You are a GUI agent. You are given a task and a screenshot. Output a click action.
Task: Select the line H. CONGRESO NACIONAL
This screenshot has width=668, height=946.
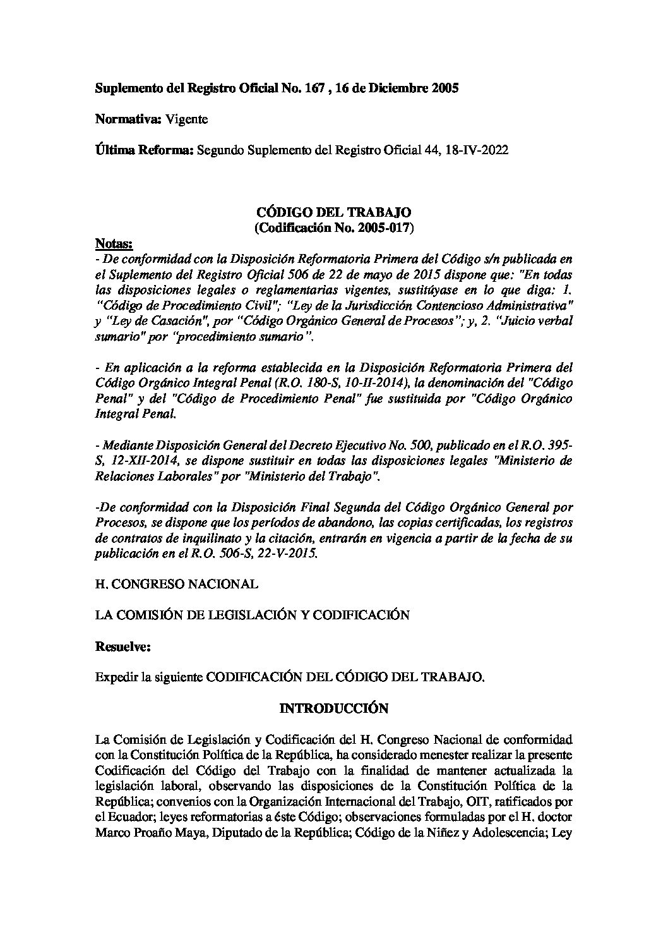(x=176, y=584)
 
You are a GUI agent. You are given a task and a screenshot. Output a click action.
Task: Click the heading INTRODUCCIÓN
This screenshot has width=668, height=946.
(x=333, y=708)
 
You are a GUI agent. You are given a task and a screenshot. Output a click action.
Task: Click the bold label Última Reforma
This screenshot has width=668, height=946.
(x=145, y=150)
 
